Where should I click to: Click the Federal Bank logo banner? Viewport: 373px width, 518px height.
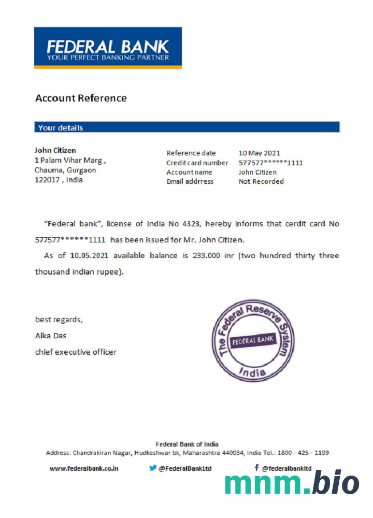(x=108, y=48)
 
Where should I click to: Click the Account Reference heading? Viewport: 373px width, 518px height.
(x=81, y=98)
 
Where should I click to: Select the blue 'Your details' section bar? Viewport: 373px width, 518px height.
(x=187, y=127)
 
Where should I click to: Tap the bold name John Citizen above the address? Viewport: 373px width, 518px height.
(x=55, y=151)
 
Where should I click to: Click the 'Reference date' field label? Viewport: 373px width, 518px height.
(x=191, y=153)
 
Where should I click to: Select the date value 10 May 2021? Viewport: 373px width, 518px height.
(x=259, y=153)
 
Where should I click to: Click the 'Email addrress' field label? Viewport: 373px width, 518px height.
(x=190, y=181)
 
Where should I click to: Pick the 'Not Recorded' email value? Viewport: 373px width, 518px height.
(x=261, y=181)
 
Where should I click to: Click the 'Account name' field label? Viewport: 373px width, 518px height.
(x=189, y=172)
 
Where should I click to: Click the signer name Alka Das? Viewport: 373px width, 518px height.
(x=51, y=336)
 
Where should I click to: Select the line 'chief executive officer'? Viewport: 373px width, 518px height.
(x=76, y=352)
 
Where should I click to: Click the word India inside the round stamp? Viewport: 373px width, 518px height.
(x=253, y=372)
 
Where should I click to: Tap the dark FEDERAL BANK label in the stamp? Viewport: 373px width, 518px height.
(x=252, y=341)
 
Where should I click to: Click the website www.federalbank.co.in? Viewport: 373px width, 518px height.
(x=84, y=468)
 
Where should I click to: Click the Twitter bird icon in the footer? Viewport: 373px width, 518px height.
(x=153, y=468)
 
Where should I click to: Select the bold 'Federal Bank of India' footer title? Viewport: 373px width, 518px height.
(x=187, y=444)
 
